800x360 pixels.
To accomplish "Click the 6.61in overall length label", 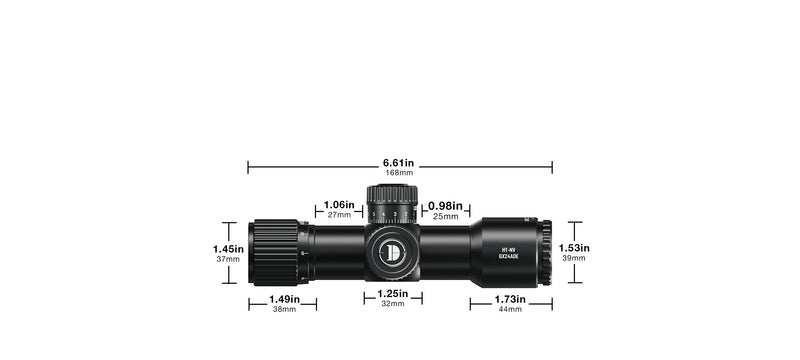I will [x=398, y=162].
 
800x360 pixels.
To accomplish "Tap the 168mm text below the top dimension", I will [x=398, y=173].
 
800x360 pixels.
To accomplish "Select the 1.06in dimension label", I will [x=339, y=205].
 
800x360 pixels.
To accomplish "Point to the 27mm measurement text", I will [x=339, y=215].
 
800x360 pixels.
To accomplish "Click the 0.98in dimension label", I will [x=445, y=205].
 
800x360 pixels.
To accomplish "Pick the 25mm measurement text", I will [x=445, y=215].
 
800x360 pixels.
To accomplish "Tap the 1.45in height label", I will [x=228, y=249].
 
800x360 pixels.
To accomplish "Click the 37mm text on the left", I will [x=228, y=260].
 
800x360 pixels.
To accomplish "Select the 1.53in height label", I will [x=575, y=248].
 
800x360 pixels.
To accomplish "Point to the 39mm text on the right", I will [x=575, y=259].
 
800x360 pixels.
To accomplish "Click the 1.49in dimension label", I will [x=284, y=298].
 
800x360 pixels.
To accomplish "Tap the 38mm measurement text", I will [x=284, y=309].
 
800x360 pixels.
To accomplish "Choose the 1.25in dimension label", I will [x=392, y=294].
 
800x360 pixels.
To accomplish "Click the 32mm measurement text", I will [x=392, y=304].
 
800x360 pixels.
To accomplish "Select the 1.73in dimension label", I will [x=510, y=298].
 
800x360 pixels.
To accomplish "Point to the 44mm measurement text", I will [x=510, y=309].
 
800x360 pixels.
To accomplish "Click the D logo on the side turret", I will [x=392, y=253].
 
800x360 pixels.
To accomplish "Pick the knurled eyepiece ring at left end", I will [x=274, y=253].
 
